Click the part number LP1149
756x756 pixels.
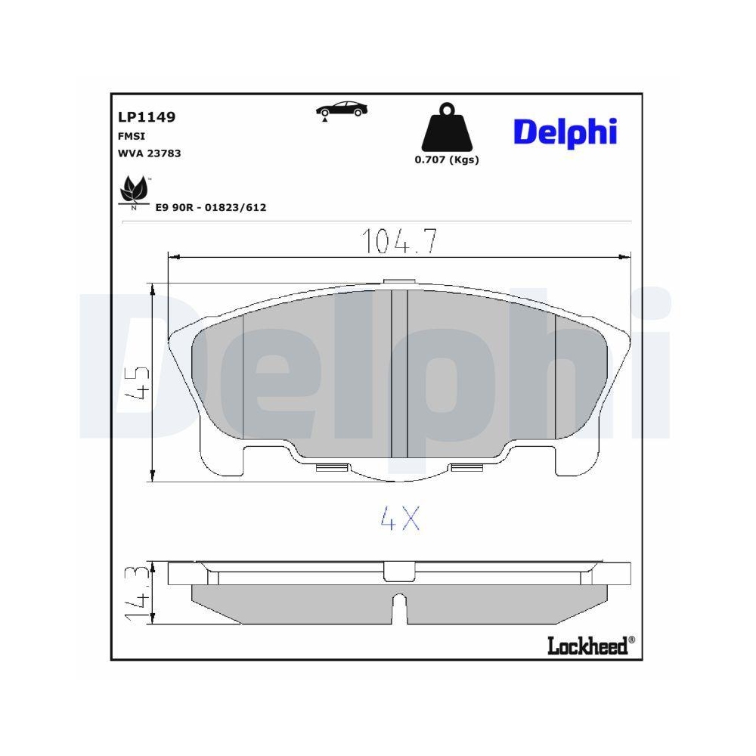pyautogui.click(x=147, y=117)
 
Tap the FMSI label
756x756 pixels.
pyautogui.click(x=131, y=136)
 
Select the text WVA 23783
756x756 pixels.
pyautogui.click(x=149, y=153)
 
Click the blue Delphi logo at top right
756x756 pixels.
pyautogui.click(x=565, y=132)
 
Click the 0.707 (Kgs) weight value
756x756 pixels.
pyautogui.click(x=446, y=160)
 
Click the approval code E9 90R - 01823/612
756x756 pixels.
pyautogui.click(x=210, y=207)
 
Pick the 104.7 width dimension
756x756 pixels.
pyautogui.click(x=399, y=240)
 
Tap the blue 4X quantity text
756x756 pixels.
pyautogui.click(x=399, y=518)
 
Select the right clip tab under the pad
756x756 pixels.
pyautogui.click(x=468, y=467)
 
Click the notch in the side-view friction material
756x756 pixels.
pyautogui.click(x=398, y=608)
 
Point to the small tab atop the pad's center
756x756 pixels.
pyautogui.click(x=399, y=283)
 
